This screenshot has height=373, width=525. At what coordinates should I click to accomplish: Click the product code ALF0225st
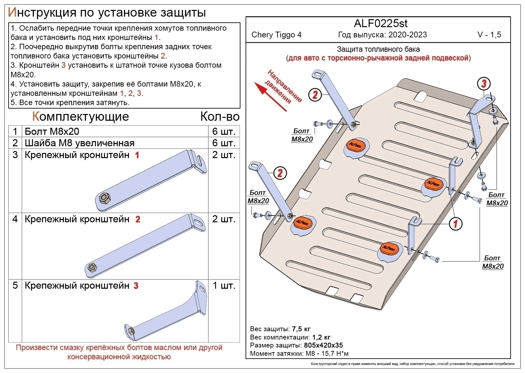click(380, 23)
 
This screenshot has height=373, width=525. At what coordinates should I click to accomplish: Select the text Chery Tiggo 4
click(276, 35)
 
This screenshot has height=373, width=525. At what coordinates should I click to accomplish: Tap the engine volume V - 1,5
click(489, 35)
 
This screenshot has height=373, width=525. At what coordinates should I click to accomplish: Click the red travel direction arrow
click(270, 96)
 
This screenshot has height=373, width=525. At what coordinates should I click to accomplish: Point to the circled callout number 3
click(484, 84)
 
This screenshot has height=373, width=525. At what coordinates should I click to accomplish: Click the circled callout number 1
click(455, 224)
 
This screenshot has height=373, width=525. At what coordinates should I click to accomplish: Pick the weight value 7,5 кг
click(301, 329)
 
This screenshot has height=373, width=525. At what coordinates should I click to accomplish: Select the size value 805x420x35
click(324, 345)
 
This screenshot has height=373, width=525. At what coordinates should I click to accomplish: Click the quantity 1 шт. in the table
click(224, 286)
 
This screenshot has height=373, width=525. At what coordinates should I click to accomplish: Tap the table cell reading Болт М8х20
click(52, 132)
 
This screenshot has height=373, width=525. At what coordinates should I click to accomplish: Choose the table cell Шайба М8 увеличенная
click(79, 143)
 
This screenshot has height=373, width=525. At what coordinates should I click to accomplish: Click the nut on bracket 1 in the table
click(105, 198)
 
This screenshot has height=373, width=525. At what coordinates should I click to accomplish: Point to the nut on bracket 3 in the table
click(131, 331)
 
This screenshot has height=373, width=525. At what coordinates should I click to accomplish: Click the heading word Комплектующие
click(80, 116)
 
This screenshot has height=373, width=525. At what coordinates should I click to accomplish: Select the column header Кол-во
click(220, 117)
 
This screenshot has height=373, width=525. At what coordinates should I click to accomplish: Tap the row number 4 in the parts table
click(15, 219)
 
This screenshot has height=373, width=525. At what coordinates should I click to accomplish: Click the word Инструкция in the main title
click(42, 12)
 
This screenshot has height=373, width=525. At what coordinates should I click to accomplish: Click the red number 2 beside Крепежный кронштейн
click(137, 219)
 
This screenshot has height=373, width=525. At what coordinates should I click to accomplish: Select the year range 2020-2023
click(408, 35)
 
